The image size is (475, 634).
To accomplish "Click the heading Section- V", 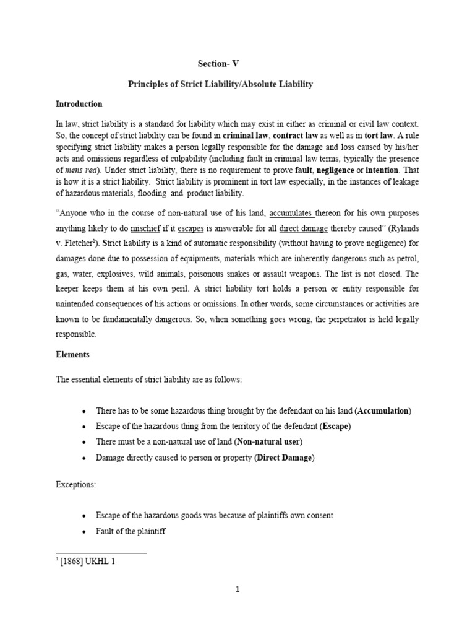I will tap(218, 64).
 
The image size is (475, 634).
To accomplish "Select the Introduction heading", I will tap(79, 104).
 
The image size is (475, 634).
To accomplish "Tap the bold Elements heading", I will tap(72, 355).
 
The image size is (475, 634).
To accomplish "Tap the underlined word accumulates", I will tap(292, 214).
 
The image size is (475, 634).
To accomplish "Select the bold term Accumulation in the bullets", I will tap(383, 411).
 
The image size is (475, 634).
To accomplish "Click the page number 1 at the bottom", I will tap(237, 589).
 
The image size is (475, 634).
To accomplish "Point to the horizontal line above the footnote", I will tap(101, 552).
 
